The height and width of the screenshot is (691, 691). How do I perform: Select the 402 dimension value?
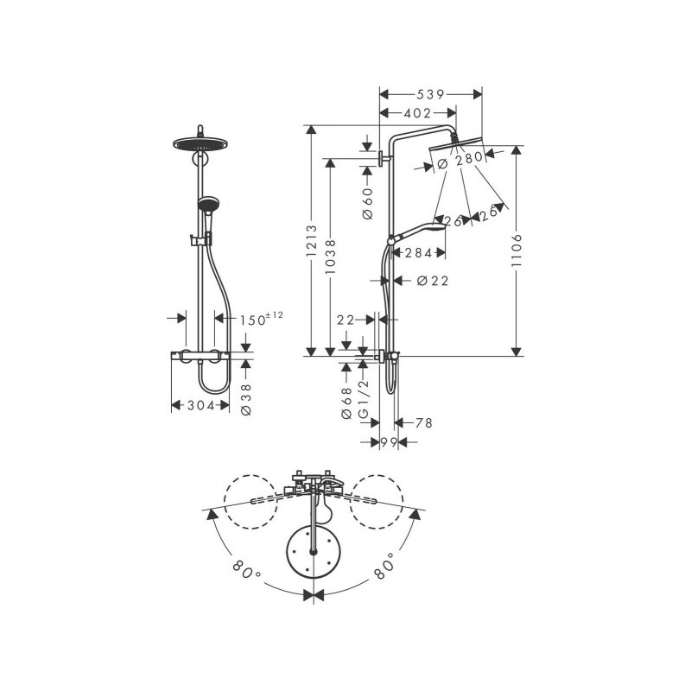pyautogui.click(x=417, y=112)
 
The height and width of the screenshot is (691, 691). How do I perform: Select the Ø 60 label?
pyautogui.click(x=366, y=202)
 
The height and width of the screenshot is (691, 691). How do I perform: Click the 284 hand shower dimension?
pyautogui.click(x=417, y=253)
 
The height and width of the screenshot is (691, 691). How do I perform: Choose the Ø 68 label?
pyautogui.click(x=347, y=403)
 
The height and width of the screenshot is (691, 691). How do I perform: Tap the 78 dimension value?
pyautogui.click(x=422, y=422)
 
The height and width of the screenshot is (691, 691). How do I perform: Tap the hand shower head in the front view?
pyautogui.click(x=207, y=206)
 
